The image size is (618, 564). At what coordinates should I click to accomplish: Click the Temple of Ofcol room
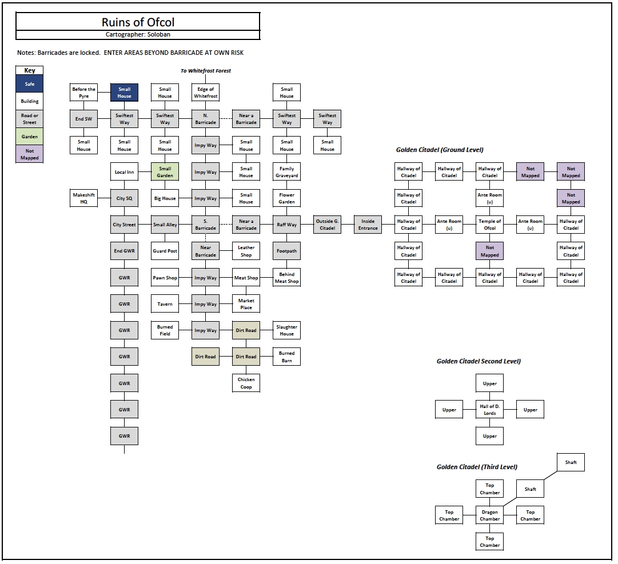(x=489, y=225)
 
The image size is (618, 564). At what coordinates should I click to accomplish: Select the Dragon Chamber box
(x=489, y=515)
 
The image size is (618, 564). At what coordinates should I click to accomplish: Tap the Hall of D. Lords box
(x=489, y=410)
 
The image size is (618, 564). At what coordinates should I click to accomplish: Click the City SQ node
(x=124, y=198)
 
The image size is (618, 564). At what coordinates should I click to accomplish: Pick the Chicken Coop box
(x=246, y=383)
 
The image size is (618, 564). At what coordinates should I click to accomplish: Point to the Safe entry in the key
(x=30, y=84)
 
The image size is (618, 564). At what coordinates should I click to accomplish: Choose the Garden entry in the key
(x=30, y=137)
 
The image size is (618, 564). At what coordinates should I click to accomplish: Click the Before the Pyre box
(x=83, y=93)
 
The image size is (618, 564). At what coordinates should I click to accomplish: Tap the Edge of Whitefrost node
(x=205, y=93)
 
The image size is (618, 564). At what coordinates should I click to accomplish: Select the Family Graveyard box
(x=286, y=172)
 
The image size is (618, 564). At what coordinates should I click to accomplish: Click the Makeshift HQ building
(x=83, y=198)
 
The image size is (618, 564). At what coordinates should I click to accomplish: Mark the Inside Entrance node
(x=368, y=225)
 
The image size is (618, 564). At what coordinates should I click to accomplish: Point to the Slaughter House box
(x=286, y=330)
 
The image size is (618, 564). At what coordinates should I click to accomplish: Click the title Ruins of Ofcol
(x=138, y=22)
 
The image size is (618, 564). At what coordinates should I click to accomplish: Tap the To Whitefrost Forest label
(x=205, y=71)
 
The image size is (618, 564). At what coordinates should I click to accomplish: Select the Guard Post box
(x=165, y=251)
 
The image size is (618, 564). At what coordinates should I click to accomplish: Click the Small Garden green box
(x=165, y=172)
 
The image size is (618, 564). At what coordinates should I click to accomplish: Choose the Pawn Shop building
(x=165, y=278)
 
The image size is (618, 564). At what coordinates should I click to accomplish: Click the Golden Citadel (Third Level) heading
(x=477, y=467)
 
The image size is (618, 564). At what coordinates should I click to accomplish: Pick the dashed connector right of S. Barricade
(x=226, y=225)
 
